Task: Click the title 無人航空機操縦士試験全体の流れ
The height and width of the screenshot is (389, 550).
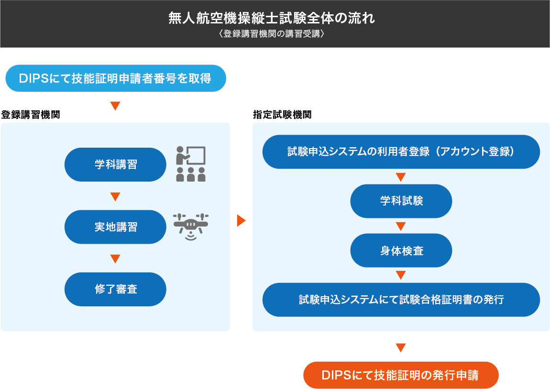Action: [x=272, y=18]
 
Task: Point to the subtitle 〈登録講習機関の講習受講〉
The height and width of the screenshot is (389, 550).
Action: [x=272, y=33]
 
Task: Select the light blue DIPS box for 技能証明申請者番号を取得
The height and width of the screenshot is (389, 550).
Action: [x=116, y=78]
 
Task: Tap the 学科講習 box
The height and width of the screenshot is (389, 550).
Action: [x=115, y=164]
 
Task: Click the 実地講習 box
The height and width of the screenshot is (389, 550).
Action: [x=115, y=227]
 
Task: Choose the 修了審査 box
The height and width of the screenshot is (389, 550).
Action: [x=115, y=289]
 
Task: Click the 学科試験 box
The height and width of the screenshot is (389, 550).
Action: [x=401, y=201]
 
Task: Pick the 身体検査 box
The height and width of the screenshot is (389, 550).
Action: [x=401, y=250]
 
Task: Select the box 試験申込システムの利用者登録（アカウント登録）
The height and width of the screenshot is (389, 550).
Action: [x=401, y=152]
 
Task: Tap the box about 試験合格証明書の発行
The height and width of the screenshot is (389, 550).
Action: [x=401, y=300]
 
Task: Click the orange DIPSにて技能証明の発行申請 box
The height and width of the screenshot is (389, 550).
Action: [x=401, y=375]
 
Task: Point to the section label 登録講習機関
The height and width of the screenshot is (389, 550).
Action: [x=31, y=115]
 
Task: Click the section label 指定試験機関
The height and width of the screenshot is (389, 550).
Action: [x=282, y=115]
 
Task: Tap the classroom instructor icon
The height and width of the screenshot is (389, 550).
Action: [x=191, y=164]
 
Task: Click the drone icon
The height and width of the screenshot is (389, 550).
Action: [x=191, y=227]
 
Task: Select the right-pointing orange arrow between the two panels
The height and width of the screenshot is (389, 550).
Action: [x=242, y=220]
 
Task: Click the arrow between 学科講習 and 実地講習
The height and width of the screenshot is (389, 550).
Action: [x=115, y=196]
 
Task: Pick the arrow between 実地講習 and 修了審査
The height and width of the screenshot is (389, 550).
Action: [x=115, y=259]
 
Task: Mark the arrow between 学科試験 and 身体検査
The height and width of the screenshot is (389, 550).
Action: [x=401, y=226]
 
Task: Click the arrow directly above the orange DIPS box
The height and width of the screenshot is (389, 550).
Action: [x=401, y=347]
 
